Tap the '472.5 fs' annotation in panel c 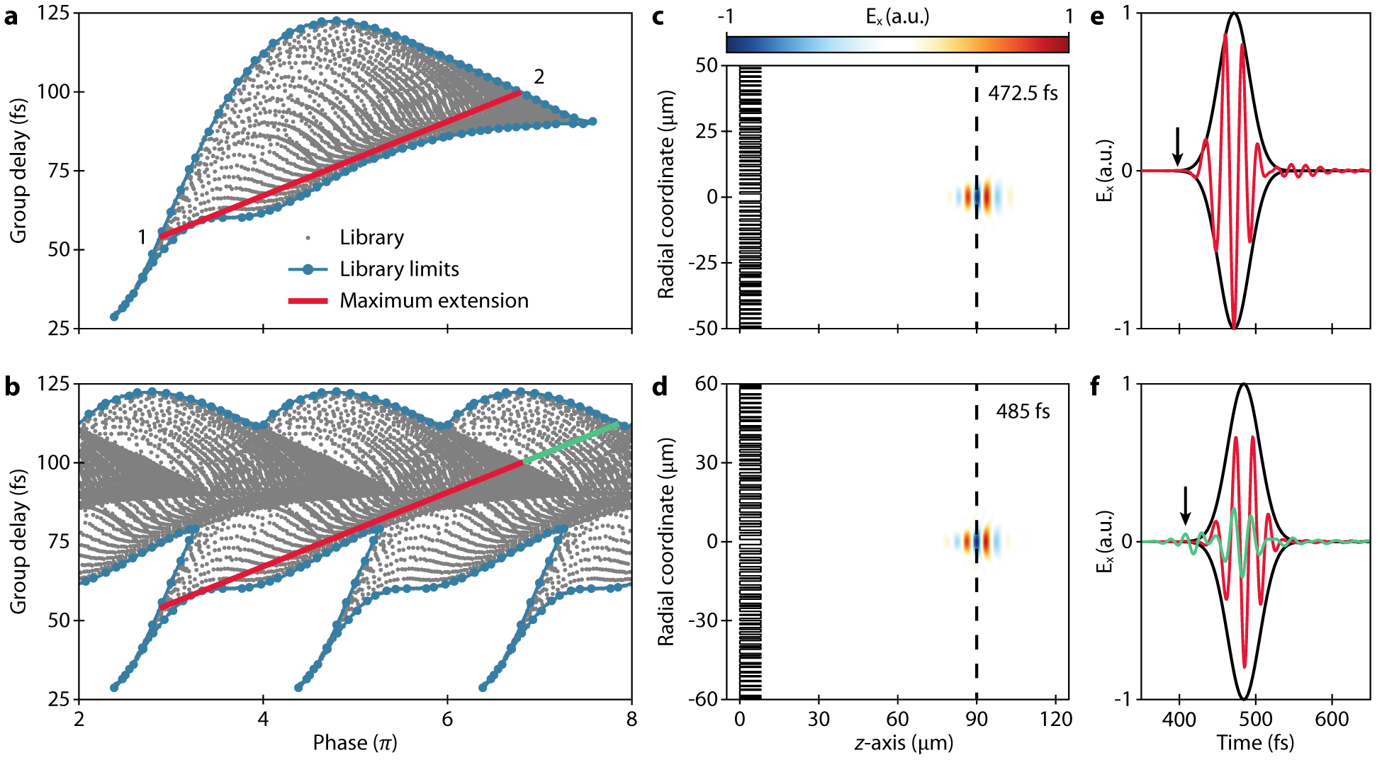pos(1023,93)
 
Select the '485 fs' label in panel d pos(1023,412)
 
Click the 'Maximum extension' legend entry pos(434,301)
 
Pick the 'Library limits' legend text pos(399,269)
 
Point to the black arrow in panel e pos(1177,146)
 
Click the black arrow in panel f pos(1185,505)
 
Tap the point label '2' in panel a pos(539,76)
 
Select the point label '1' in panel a pos(142,237)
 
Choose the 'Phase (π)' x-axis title pos(355,742)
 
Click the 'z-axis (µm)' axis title pos(904,742)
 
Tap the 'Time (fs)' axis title pos(1255,742)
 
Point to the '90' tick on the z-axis pos(977,719)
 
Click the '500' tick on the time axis pos(1255,719)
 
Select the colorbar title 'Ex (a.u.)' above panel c pos(897,17)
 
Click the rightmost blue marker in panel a pos(592,122)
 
